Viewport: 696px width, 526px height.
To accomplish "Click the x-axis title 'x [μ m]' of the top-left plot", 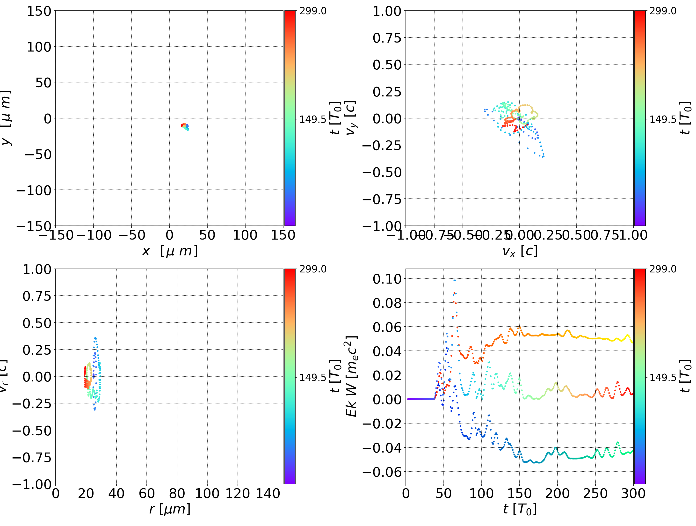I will [170, 251].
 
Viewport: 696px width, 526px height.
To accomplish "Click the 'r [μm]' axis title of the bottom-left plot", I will [170, 509].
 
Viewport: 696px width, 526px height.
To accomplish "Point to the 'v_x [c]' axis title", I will [520, 251].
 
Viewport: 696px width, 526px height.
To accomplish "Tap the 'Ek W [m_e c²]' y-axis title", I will [351, 376].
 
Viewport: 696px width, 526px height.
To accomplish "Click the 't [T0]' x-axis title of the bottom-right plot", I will [520, 509].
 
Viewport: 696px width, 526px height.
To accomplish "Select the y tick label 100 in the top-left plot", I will [39, 47].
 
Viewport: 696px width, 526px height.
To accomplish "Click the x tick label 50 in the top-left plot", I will [207, 235].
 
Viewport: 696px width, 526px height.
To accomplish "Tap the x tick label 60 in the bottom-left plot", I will [147, 493].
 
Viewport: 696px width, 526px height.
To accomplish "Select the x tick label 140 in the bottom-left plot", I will [268, 493].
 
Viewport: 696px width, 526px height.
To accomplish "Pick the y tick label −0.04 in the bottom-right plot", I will [382, 448].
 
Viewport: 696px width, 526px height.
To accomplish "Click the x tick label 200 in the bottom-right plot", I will [557, 493].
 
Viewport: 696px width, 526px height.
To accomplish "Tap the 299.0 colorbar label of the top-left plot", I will [313, 11].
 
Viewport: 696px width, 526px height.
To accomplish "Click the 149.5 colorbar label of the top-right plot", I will [663, 119].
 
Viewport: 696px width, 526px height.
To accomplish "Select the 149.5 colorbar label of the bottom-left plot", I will [313, 377].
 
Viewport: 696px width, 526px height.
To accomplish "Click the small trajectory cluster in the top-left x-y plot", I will [185, 126].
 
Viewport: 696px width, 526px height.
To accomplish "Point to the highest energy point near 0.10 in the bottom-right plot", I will [454, 280].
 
